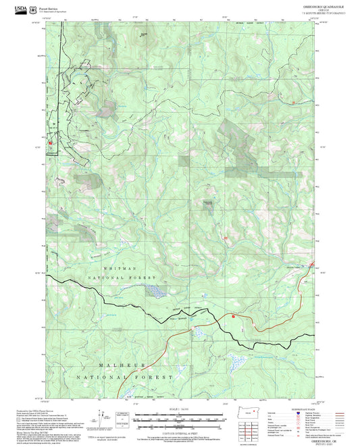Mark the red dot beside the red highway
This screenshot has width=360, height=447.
(x=234, y=315)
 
